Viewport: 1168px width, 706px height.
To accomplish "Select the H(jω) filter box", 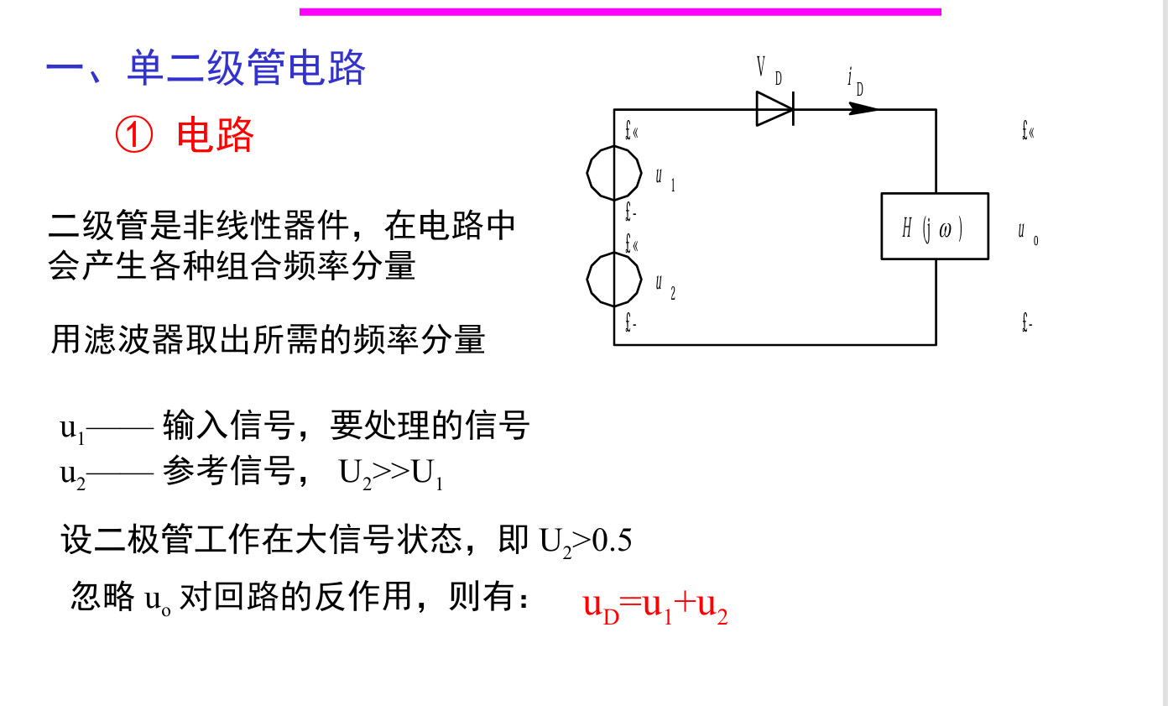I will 935,227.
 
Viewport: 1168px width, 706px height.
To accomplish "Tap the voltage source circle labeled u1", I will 613,173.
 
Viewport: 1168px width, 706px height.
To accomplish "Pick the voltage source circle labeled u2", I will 613,280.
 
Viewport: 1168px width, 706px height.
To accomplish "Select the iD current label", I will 855,81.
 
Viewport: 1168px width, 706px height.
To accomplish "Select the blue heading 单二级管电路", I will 246,68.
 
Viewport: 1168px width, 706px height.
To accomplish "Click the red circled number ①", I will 134,134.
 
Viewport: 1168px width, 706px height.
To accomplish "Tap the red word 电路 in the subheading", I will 215,134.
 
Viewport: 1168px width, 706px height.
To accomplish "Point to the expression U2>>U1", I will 391,474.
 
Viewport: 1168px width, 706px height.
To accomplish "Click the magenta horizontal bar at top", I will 620,12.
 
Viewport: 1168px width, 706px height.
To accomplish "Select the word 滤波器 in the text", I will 133,340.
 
